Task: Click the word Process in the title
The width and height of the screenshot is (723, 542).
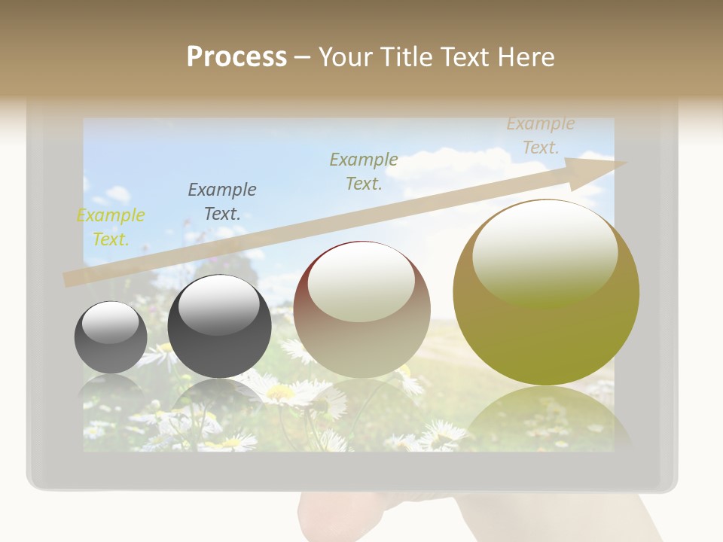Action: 236,57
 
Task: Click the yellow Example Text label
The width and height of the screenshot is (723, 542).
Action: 111,227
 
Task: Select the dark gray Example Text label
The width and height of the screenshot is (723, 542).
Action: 222,202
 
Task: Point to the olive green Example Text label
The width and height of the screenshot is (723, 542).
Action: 364,171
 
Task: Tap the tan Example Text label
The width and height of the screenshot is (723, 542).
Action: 540,135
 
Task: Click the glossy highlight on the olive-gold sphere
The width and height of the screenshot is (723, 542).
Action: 545,252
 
